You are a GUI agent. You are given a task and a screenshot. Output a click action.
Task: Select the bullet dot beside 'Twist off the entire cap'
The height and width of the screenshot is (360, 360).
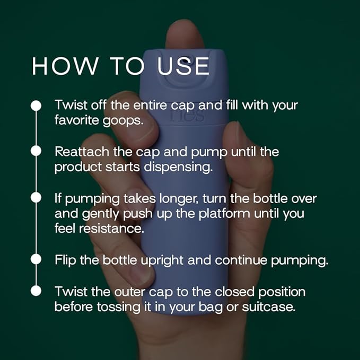[36, 105]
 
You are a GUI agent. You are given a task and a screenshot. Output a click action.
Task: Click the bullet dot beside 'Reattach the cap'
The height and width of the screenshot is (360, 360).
[36, 151]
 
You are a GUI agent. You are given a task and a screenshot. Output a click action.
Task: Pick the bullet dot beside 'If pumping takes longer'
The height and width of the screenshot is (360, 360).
[36, 197]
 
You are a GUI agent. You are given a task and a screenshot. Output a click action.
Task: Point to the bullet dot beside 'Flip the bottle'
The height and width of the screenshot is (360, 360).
[36, 260]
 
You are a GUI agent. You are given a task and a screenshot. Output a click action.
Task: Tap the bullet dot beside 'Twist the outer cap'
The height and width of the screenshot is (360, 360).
[36, 291]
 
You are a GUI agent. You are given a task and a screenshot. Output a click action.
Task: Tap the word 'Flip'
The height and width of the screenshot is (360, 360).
[65, 260]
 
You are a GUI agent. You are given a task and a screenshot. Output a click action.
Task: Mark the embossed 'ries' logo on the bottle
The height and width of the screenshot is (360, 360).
[180, 115]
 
